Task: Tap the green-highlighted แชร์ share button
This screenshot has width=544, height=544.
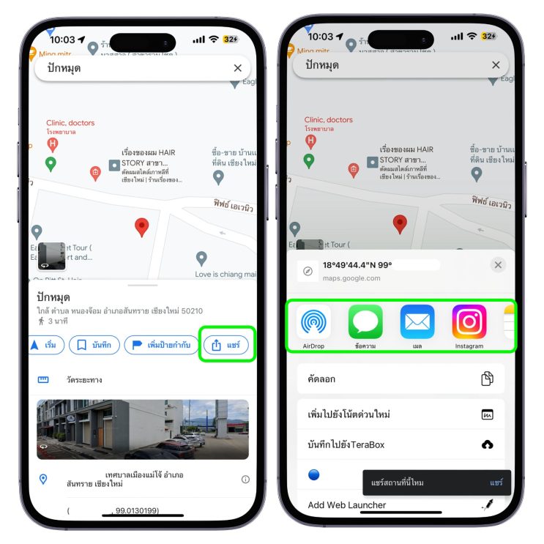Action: coord(227,345)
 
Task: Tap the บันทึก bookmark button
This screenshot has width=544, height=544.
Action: coord(94,345)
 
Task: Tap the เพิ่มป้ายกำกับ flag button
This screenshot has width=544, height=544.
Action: coord(158,345)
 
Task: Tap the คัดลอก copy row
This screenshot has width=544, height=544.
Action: coord(400,379)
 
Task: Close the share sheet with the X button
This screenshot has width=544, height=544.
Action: coord(498,265)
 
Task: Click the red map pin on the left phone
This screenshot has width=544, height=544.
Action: coord(142,226)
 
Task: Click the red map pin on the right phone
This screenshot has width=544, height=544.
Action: coord(400,223)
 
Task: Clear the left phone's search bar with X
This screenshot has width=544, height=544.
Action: coord(237,68)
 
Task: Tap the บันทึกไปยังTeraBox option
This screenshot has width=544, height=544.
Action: coord(400,444)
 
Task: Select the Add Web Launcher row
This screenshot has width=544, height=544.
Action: coord(400,504)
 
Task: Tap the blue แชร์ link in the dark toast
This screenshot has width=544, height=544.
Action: coord(496,482)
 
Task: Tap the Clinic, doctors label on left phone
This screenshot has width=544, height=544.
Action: coord(70,123)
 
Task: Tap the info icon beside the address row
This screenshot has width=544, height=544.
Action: coord(245,480)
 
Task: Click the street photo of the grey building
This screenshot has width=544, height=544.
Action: coord(143,429)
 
